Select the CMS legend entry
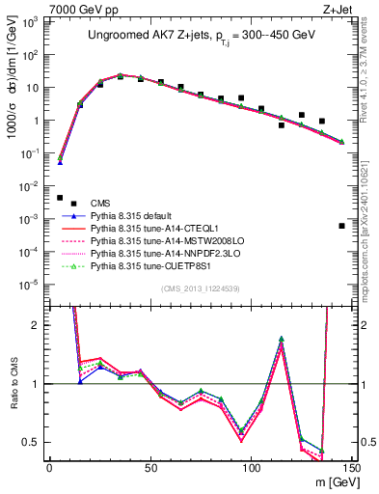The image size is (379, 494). pyautogui.click(x=101, y=202)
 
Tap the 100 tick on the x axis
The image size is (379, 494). pyautogui.click(x=251, y=467)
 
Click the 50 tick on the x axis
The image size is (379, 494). pyautogui.click(x=149, y=467)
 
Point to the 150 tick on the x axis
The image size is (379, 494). pyautogui.click(x=352, y=467)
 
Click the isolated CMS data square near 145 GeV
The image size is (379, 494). pyautogui.click(x=342, y=226)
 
